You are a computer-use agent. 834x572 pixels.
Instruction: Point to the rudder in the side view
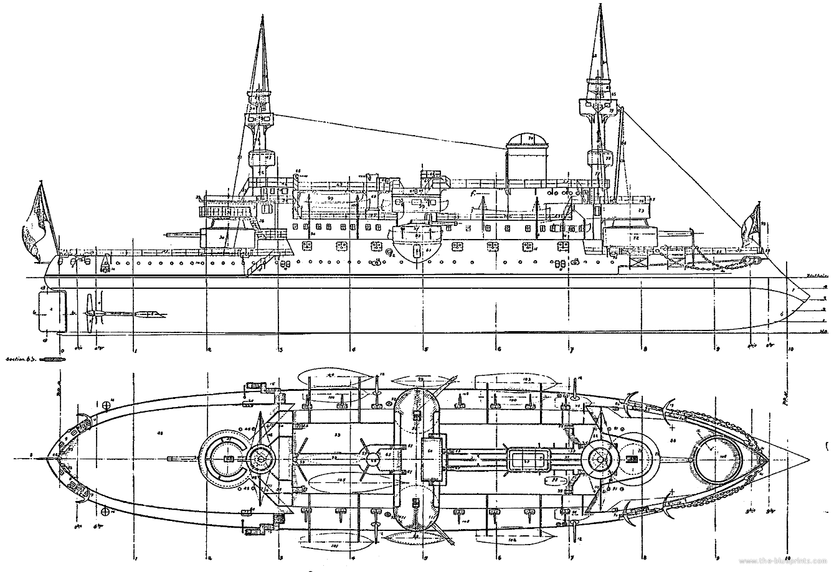52,309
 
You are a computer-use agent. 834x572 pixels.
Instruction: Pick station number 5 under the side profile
426,349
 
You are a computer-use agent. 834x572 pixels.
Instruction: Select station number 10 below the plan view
788,556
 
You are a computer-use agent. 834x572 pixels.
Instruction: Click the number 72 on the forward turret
637,238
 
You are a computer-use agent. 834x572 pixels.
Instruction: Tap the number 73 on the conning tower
640,212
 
